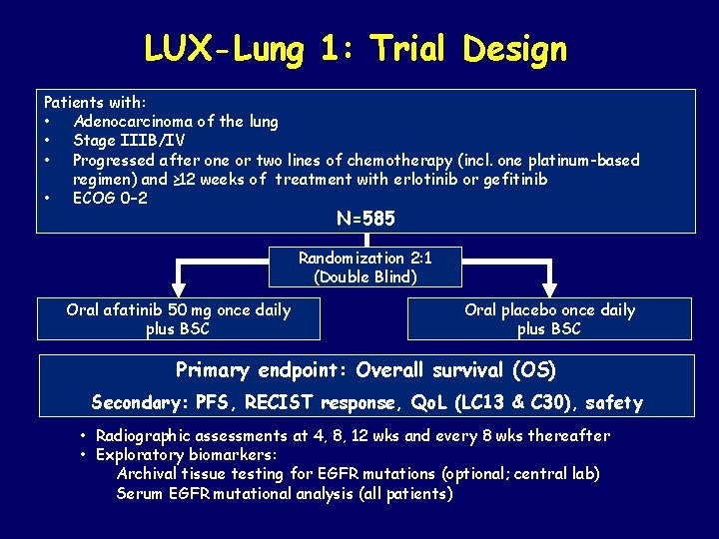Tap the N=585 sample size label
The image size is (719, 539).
(x=366, y=218)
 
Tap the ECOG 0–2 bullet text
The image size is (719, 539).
(x=110, y=198)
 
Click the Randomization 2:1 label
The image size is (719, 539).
(x=364, y=258)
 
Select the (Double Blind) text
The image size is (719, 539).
(x=364, y=276)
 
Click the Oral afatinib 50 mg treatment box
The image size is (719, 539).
(x=179, y=319)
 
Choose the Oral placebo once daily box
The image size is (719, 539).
(x=549, y=319)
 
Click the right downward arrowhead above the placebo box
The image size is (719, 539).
(x=550, y=287)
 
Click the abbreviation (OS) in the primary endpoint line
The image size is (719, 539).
(x=533, y=370)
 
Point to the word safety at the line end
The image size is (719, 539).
(x=613, y=403)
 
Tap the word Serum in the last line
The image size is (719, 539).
(x=139, y=493)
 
